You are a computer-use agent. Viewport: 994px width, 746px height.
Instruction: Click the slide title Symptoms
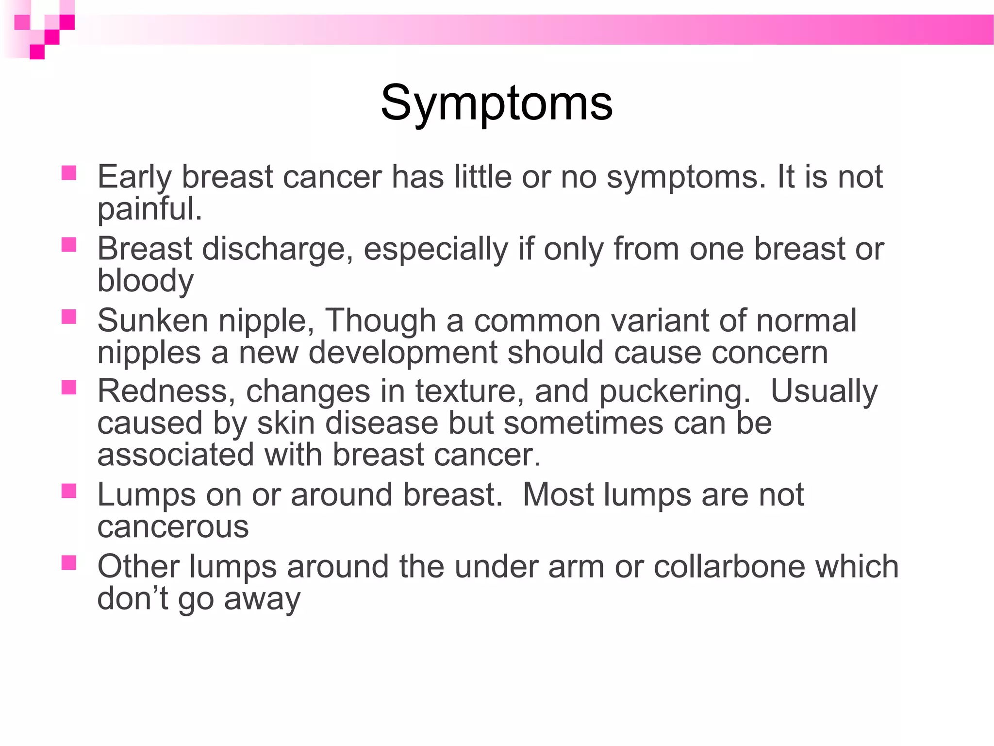click(x=497, y=103)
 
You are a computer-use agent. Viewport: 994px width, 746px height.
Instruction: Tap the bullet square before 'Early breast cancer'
click(x=69, y=173)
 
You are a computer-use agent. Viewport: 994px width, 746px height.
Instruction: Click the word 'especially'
click(x=436, y=249)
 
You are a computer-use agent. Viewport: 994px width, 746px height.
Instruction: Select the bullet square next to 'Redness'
click(x=69, y=387)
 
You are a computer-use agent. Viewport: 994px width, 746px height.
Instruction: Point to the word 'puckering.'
click(x=675, y=391)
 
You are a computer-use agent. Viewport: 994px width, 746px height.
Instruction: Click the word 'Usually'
click(x=824, y=391)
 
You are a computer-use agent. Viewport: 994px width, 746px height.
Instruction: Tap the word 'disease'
click(x=382, y=423)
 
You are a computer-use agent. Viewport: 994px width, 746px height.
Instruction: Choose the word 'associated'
click(x=176, y=455)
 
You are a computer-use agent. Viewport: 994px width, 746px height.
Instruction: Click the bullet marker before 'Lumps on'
click(x=69, y=491)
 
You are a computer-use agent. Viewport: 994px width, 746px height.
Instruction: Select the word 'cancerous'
click(x=173, y=527)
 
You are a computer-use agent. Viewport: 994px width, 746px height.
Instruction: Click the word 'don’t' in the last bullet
click(x=133, y=598)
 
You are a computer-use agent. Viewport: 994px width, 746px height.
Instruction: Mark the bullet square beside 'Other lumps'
click(x=69, y=563)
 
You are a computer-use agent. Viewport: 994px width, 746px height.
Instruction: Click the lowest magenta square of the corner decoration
click(x=37, y=52)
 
